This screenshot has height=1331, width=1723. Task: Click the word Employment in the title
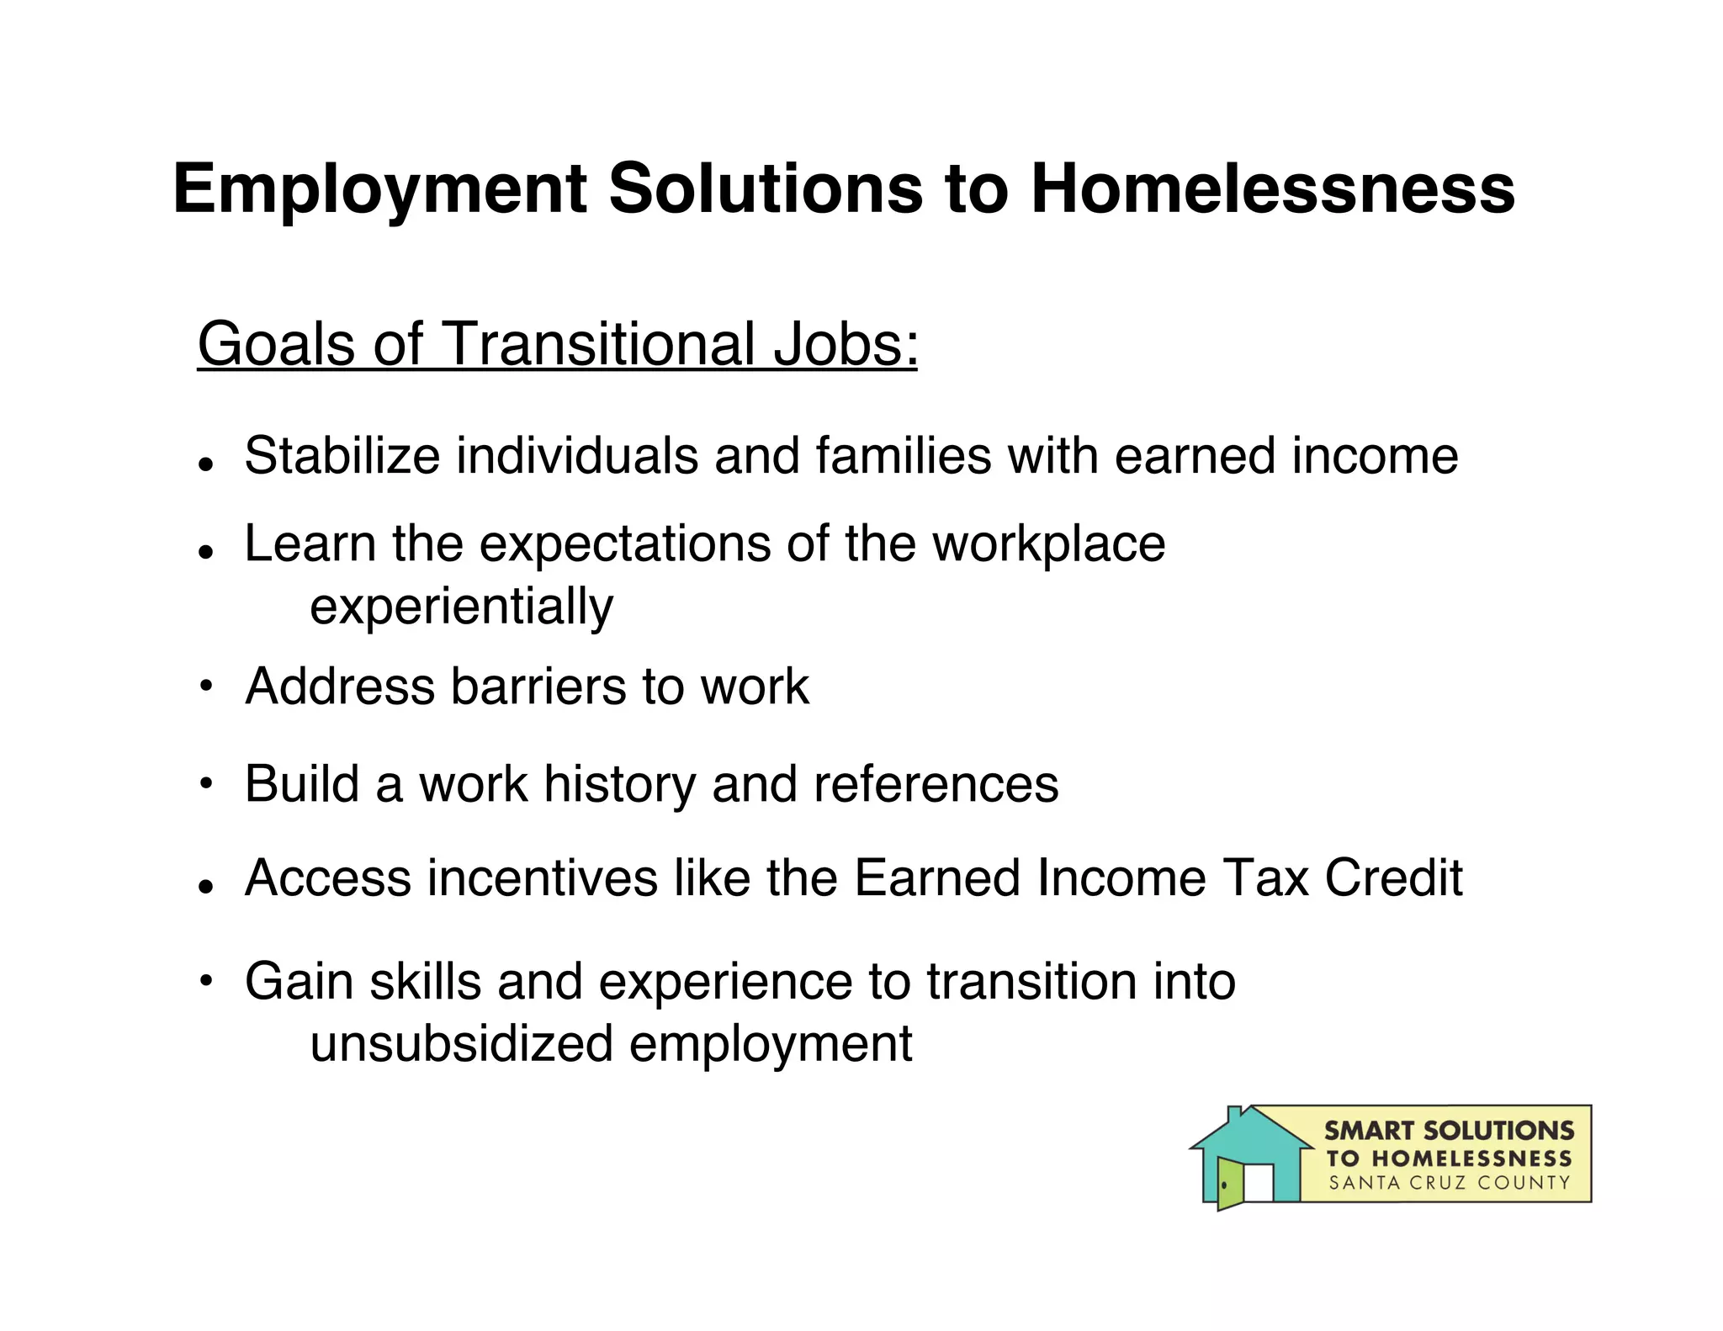379,190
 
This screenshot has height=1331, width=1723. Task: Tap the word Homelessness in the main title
1272,188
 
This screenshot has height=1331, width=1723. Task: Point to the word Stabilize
342,456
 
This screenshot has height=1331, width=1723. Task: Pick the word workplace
1048,544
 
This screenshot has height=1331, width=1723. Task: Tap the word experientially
461,607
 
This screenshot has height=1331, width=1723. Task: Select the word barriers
538,687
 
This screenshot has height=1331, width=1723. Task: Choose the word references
936,784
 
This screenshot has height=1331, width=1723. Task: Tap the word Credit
1393,878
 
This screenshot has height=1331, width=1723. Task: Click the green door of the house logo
1230,1183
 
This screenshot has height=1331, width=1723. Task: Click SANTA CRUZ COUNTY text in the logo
1449,1183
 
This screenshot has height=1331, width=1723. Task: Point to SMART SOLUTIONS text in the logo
1449,1130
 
